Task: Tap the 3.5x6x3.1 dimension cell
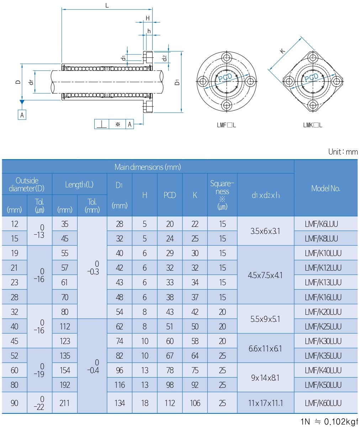coord(265,231)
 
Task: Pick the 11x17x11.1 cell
coord(265,403)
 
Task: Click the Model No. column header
coord(325,188)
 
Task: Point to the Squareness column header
coord(222,195)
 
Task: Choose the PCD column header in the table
coord(170,195)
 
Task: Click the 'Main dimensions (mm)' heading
coord(148,167)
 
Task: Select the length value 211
coord(64,403)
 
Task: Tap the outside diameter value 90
coord(14,403)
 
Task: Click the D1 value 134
coord(120,403)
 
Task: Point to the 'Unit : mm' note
coord(343,152)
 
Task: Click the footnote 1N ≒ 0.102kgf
coord(329,422)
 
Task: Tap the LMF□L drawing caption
coord(226,125)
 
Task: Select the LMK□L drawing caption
coord(313,125)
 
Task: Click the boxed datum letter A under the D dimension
coord(22,115)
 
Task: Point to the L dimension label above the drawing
coord(107,5)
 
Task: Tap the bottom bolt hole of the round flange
coord(226,105)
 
